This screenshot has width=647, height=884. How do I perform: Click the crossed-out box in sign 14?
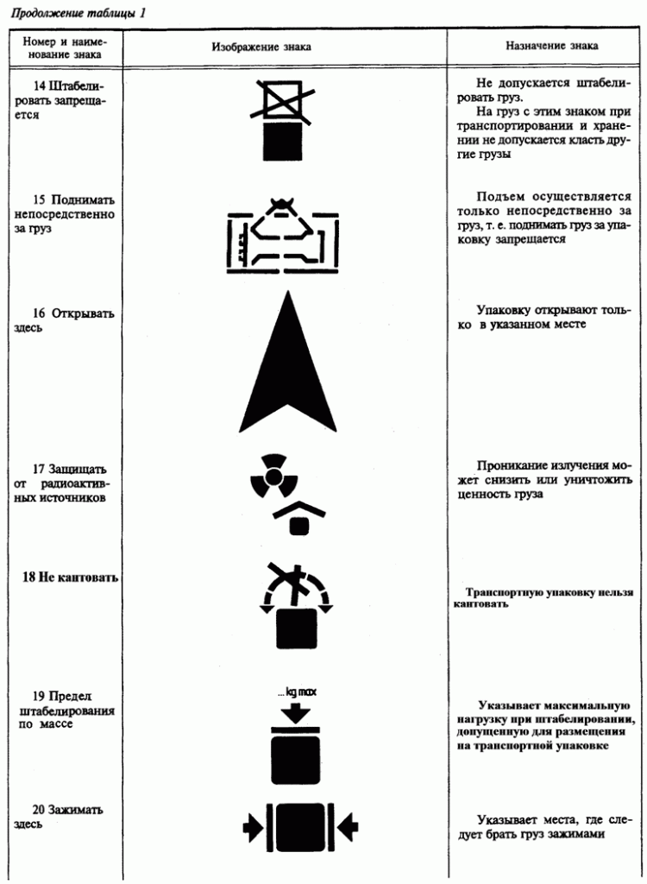tap(281, 100)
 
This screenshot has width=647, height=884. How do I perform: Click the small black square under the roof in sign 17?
tap(298, 524)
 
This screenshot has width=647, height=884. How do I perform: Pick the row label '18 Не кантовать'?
tap(69, 577)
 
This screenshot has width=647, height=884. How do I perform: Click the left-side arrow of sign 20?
tap(252, 828)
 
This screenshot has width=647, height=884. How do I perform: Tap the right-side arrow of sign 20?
tap(347, 828)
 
